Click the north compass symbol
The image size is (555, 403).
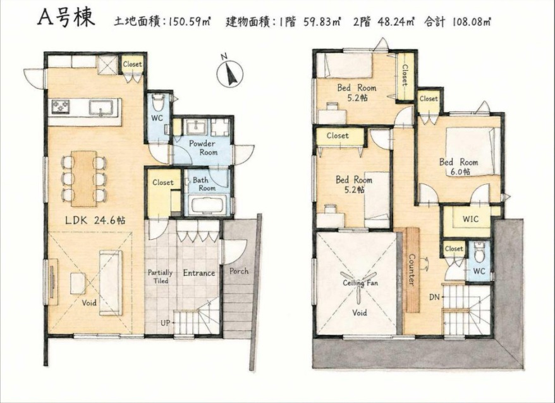(230, 73)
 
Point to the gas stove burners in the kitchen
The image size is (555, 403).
(61, 106)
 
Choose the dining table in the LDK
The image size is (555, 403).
(84, 179)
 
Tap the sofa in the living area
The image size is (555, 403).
(111, 283)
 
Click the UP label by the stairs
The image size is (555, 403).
(165, 323)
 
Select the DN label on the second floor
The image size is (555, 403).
(434, 297)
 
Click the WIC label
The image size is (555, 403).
(471, 219)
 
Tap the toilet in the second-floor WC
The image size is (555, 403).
(479, 252)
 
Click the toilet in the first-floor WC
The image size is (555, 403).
(158, 102)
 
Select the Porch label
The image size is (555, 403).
(239, 271)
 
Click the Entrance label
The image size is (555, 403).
(199, 273)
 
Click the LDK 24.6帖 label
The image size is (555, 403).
(95, 220)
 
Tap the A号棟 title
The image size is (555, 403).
(66, 18)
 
